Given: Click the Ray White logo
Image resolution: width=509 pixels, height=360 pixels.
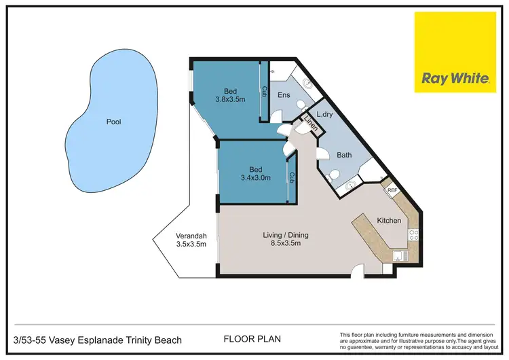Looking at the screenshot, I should click(455, 53).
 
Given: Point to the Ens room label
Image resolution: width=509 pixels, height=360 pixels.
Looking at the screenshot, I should click(284, 96).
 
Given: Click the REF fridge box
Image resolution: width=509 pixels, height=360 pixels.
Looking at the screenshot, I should click(392, 190).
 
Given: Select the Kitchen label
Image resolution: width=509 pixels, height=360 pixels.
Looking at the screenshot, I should click(389, 221).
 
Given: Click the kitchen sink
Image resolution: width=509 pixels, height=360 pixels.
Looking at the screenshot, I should click(399, 256).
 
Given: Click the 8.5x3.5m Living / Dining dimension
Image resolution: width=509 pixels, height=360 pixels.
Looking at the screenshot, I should click(282, 243).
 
